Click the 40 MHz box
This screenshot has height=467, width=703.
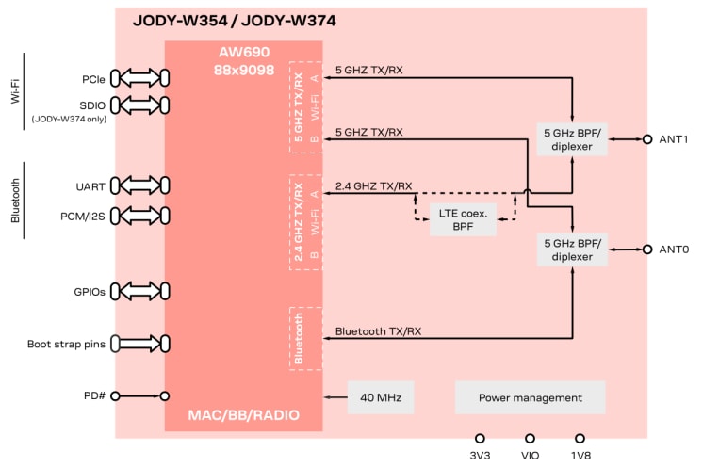tap(381, 397)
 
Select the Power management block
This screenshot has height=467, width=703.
tap(529, 397)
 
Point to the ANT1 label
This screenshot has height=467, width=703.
tap(674, 139)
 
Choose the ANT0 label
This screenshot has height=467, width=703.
tap(674, 250)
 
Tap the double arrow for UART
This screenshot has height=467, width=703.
tap(139, 186)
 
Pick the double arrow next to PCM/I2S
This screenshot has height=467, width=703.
tap(139, 216)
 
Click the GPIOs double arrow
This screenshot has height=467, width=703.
tap(139, 292)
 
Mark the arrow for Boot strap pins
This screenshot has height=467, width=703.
tap(139, 344)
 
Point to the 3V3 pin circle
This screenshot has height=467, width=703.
tap(479, 439)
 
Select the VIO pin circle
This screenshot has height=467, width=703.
tap(530, 439)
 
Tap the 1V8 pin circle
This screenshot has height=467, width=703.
tap(580, 439)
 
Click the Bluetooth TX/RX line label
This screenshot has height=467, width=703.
tap(379, 331)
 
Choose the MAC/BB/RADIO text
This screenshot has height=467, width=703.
tap(243, 414)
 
